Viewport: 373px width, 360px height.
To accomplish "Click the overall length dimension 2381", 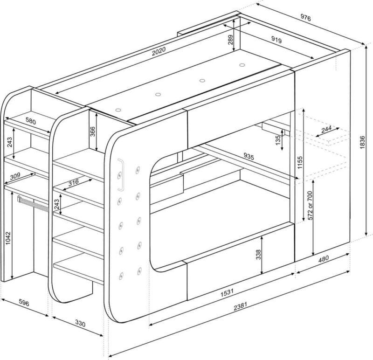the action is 240,306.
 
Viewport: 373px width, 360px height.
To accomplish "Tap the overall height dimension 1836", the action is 362,142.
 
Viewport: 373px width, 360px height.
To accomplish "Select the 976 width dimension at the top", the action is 306,18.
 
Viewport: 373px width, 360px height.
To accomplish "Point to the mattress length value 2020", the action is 159,51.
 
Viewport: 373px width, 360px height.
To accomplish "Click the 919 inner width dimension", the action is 276,40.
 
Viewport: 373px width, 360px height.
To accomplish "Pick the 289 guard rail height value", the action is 230,40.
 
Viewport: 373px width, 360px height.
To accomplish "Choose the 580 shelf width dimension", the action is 30,121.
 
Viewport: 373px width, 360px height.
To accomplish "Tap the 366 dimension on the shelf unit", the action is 92,132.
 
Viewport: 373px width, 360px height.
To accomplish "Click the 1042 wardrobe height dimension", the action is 8,238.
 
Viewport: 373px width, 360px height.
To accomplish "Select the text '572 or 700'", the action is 310,205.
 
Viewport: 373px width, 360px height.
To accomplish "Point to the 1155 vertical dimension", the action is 300,162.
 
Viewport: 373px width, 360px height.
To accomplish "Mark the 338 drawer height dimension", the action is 259,254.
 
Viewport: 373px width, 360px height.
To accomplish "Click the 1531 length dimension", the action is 227,292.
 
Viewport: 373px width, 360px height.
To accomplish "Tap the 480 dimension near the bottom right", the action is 323,259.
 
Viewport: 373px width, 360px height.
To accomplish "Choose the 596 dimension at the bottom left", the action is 24,303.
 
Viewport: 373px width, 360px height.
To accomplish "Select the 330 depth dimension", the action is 80,323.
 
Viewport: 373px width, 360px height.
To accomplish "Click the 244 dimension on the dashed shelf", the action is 326,130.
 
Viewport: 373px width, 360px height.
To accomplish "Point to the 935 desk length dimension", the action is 249,156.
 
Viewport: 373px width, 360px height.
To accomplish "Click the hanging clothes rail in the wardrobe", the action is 33,204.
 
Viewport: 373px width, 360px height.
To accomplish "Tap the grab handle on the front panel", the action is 121,175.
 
